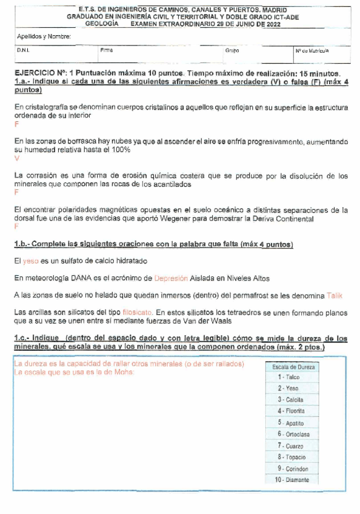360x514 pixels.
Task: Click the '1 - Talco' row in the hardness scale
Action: [x=293, y=377]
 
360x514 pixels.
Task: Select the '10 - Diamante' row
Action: [x=293, y=480]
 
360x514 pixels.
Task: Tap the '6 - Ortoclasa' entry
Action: [x=293, y=434]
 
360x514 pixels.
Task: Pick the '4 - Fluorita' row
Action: [x=293, y=411]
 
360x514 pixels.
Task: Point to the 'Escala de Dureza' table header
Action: [x=293, y=367]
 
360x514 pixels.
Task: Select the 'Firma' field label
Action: [x=107, y=52]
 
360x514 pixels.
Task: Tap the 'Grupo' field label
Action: [x=232, y=52]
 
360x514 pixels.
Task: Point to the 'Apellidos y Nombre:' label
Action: [x=44, y=37]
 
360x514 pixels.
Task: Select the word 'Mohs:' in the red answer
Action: [x=122, y=372]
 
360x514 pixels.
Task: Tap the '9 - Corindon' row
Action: [x=293, y=469]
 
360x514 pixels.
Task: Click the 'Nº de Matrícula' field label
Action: [x=312, y=52]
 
